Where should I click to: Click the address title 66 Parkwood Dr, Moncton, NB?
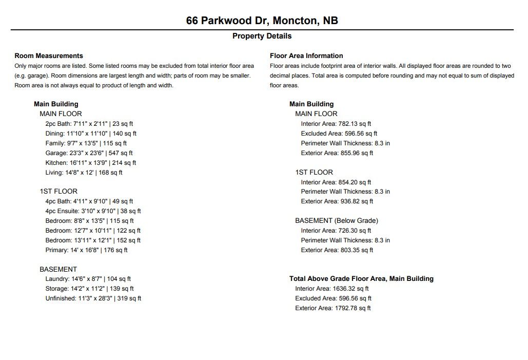click(262, 21)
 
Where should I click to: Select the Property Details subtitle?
click(262, 36)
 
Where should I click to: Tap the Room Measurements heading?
click(49, 55)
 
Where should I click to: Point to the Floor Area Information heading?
click(306, 55)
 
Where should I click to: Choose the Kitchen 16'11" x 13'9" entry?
click(90, 163)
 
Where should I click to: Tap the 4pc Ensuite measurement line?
click(93, 211)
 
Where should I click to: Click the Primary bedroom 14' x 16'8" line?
click(86, 250)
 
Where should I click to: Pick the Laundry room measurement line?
click(88, 279)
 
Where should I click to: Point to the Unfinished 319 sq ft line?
click(93, 298)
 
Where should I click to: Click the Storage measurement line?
click(89, 289)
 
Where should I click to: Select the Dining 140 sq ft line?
click(91, 134)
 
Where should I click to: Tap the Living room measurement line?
click(84, 173)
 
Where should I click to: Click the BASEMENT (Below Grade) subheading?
click(336, 221)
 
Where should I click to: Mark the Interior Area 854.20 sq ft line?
click(336, 182)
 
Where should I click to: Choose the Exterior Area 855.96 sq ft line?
click(337, 153)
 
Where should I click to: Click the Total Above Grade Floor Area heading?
click(361, 279)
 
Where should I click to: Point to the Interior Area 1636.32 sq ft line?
click(331, 289)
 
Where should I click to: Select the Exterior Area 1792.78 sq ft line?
click(333, 308)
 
